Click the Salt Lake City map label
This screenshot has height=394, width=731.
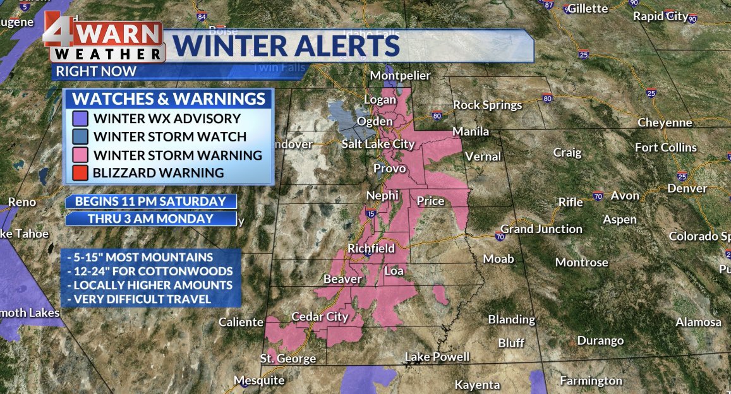(378, 144)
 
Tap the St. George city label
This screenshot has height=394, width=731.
(287, 359)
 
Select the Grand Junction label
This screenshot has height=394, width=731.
(541, 229)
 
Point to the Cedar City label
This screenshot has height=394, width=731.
(320, 316)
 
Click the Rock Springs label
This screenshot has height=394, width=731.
(487, 105)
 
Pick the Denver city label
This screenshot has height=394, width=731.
(687, 188)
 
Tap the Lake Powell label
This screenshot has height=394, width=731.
(437, 357)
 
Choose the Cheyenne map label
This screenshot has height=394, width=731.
(665, 122)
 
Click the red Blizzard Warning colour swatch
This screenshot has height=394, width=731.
(80, 172)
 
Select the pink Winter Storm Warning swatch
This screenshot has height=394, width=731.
(80, 155)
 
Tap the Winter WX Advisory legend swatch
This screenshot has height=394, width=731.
(80, 118)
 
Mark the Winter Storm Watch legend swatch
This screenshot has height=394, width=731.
(80, 136)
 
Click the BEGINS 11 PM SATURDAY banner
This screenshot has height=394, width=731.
(150, 201)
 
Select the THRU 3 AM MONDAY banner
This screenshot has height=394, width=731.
(150, 218)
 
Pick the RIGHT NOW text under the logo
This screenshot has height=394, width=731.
(95, 71)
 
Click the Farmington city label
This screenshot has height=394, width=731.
(591, 381)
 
